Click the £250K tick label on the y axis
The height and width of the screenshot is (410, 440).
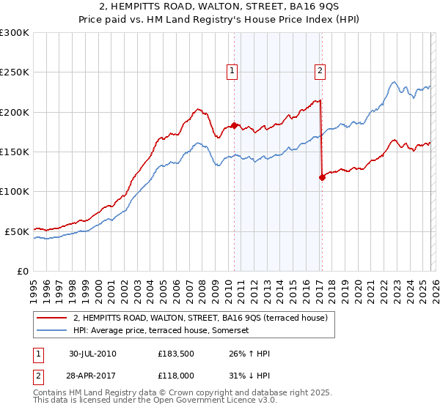coord(15,72)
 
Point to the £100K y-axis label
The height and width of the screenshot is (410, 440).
coord(15,191)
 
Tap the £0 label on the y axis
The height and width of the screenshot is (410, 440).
coord(23,271)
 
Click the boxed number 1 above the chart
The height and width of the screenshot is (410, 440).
coord(232,71)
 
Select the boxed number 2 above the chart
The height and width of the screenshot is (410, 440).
coord(320,71)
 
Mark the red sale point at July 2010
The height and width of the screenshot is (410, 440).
coord(234,125)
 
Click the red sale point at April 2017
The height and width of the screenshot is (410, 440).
coord(322,177)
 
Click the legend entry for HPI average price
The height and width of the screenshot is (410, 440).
coord(161,331)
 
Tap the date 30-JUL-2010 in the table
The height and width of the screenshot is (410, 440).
coord(92,354)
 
